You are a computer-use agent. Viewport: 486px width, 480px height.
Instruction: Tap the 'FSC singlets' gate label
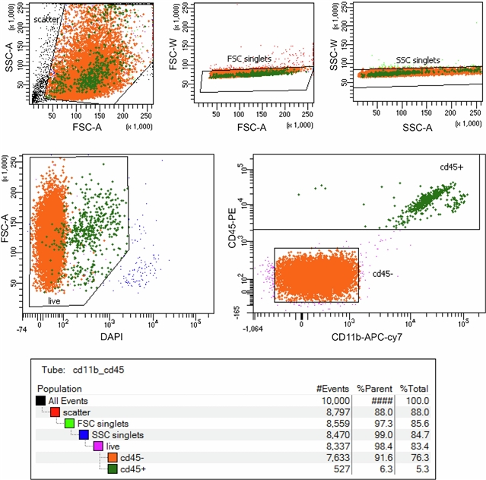pos(249,59)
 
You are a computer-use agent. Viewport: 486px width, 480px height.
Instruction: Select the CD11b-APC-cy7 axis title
pos(365,337)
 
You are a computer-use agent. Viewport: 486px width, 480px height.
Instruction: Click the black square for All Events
pos(41,400)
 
